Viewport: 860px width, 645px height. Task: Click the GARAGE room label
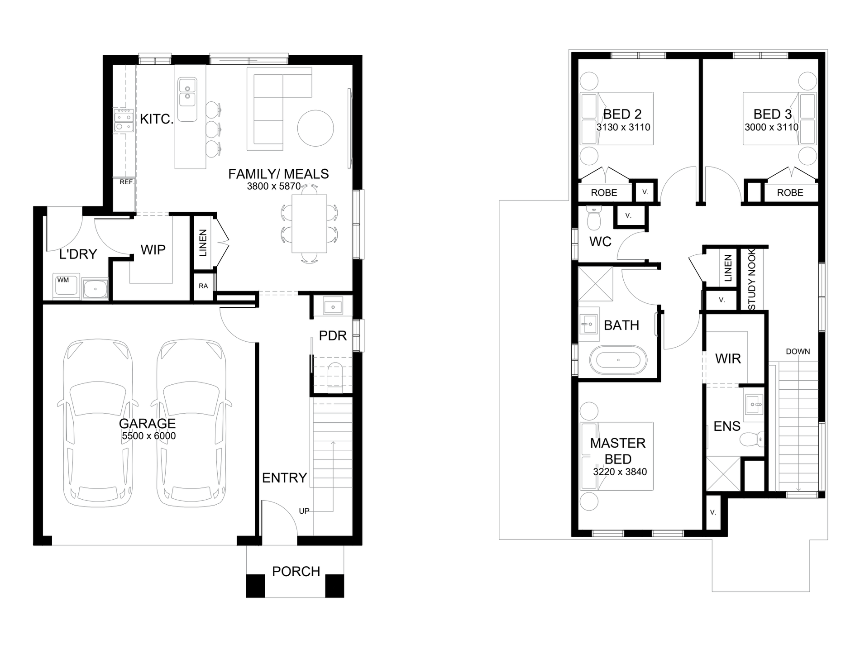pos(147,424)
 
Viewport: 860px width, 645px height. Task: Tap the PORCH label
pos(296,572)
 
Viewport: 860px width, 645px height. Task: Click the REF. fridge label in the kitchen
pos(127,182)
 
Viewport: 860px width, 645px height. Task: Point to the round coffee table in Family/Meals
pos(315,128)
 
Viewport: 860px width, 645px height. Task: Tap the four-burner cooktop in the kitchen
pos(123,120)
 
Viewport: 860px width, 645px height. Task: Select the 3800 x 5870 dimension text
pos(273,186)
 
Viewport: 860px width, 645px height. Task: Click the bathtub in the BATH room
pos(618,360)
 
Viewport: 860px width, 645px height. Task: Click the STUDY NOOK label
pos(752,279)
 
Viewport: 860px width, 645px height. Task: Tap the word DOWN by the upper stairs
pos(798,351)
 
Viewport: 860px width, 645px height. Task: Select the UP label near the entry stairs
pos(304,511)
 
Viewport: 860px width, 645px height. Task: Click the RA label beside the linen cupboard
pos(203,286)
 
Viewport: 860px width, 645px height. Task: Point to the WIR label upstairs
pos(728,359)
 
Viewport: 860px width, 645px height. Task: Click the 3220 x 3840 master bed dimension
pos(620,472)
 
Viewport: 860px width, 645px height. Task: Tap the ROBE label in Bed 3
pos(790,193)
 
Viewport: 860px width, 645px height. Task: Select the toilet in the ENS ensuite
pos(751,439)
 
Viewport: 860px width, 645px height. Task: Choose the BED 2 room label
pos(622,114)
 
